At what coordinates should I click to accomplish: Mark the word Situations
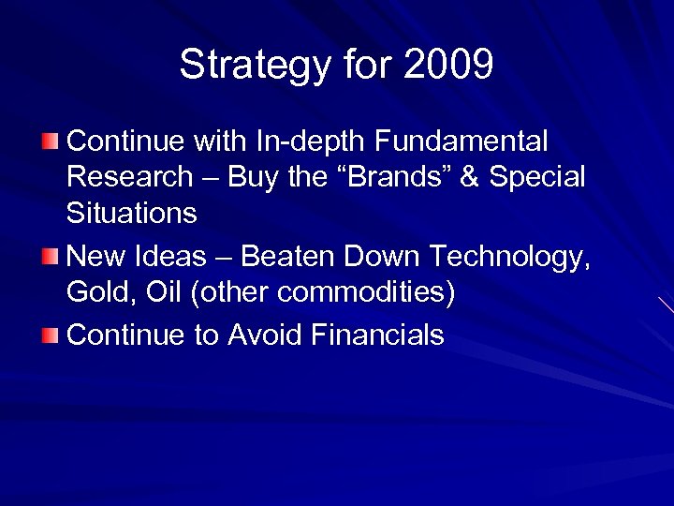132,213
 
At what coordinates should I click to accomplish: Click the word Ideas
174,253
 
